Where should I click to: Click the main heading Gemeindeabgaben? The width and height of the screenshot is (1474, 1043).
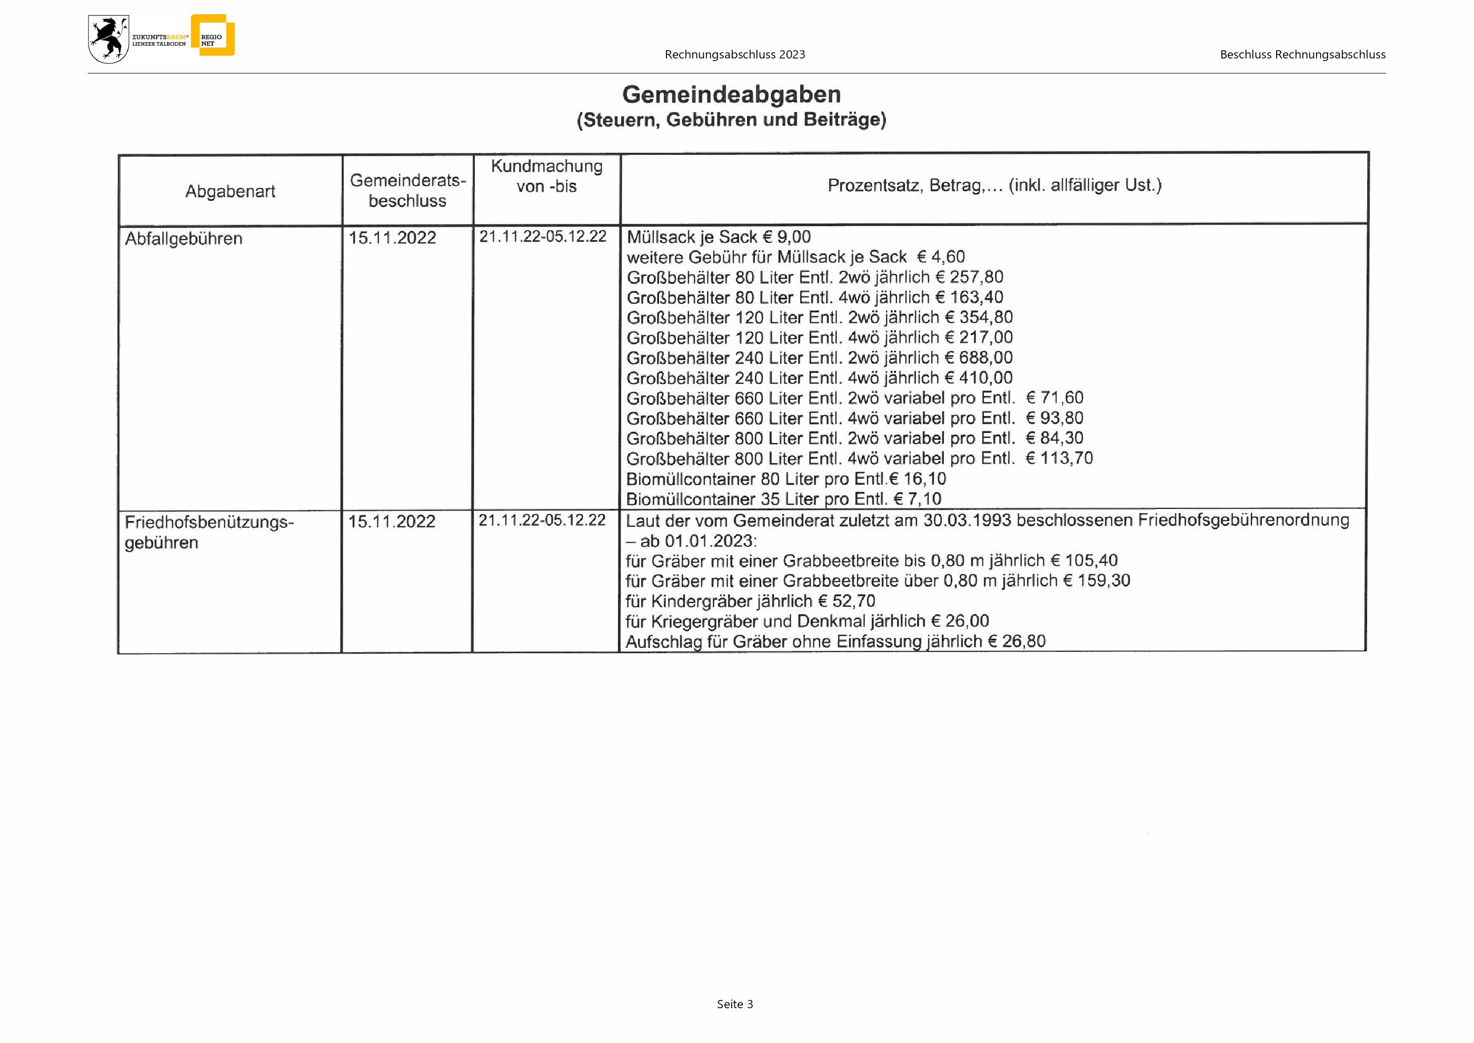coord(731,94)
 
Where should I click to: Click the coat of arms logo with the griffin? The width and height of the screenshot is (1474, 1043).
coord(108,39)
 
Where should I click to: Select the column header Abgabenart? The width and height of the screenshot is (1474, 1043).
coord(230,191)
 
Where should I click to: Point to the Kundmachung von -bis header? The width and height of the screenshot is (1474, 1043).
coord(546,176)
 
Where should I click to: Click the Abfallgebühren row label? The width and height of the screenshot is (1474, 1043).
coord(184,239)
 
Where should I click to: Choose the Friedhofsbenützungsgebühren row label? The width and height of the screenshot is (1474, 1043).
coord(208,532)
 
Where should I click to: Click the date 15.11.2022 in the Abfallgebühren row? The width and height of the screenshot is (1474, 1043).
coord(392,238)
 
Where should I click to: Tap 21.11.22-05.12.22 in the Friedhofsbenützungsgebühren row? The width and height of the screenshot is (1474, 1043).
coord(542,520)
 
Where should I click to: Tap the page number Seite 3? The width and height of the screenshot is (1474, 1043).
coord(735,1004)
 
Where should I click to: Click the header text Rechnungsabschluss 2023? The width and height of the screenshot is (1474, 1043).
coord(735,55)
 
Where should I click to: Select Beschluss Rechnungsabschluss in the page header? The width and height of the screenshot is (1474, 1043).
coord(1302,55)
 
